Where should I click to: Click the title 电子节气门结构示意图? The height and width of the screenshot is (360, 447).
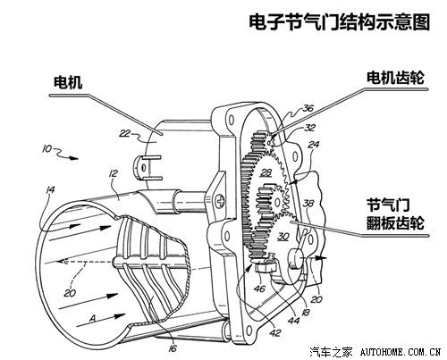[x=340, y=22]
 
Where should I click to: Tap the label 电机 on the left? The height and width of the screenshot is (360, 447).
[x=68, y=82]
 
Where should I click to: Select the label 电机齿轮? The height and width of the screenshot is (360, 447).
[x=395, y=78]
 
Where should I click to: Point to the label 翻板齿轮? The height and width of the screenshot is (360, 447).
[x=395, y=222]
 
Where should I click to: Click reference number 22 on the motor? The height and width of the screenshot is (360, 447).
[x=125, y=133]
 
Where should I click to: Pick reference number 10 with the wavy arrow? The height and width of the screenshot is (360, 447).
[x=47, y=148]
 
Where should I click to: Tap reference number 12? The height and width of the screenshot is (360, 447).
[x=114, y=173]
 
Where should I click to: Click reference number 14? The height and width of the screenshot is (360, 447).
[x=51, y=189]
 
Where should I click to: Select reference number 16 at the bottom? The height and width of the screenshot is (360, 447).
[x=173, y=347]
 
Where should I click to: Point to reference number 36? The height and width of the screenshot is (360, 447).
[x=308, y=108]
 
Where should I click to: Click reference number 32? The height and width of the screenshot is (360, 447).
[x=309, y=128]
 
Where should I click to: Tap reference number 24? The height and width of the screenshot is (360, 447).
[x=313, y=145]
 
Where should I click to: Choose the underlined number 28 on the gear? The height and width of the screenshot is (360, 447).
[x=266, y=172]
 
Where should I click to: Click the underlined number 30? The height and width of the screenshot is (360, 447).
[x=283, y=237]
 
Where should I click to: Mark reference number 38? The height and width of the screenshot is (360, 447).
[x=308, y=204]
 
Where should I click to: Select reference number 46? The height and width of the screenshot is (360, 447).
[x=260, y=288]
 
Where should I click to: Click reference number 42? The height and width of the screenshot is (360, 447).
[x=275, y=332]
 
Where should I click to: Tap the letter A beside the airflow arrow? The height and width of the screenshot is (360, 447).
[x=93, y=319]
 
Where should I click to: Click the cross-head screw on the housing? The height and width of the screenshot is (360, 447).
[x=221, y=200]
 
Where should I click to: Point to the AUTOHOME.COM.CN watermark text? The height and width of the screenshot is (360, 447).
[x=401, y=352]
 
